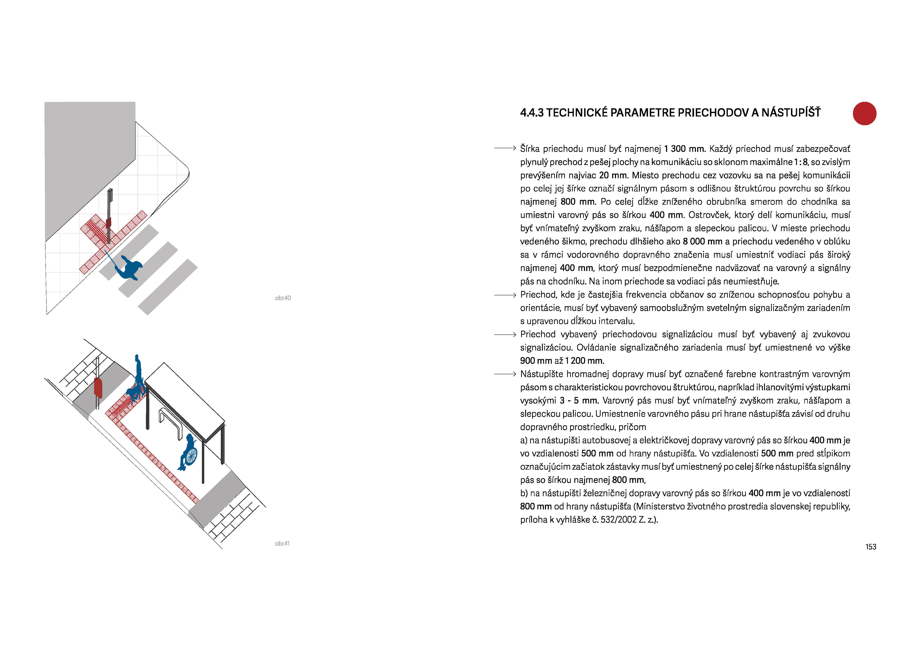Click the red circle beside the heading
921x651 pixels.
(x=864, y=114)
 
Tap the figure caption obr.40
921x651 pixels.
(x=283, y=298)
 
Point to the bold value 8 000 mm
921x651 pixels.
(x=702, y=241)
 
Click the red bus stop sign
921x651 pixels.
(x=98, y=388)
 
